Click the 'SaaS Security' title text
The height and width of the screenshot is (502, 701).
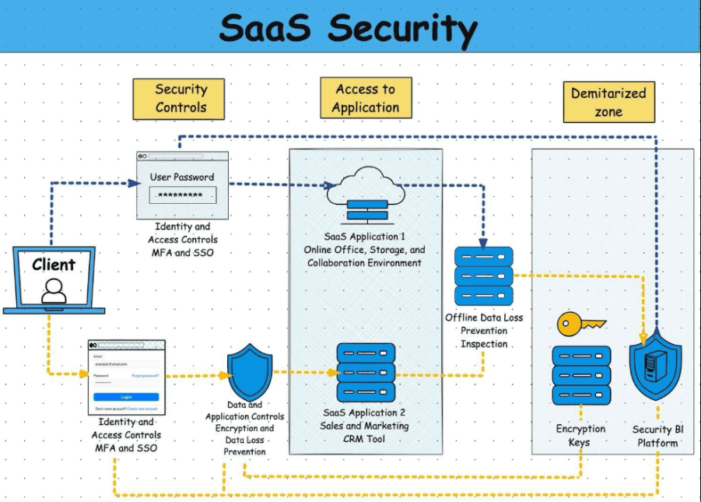348,28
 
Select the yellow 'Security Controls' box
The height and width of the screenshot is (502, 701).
180,99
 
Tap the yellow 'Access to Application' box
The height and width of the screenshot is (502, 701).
366,98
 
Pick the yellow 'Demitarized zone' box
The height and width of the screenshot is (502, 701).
608,102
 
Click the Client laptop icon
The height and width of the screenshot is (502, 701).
54,279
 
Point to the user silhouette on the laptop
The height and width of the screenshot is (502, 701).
54,290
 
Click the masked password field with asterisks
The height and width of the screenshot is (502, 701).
182,195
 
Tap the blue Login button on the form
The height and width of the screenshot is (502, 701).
126,396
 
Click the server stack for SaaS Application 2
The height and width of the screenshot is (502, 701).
366,372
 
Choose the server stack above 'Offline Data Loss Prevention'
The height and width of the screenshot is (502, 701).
483,276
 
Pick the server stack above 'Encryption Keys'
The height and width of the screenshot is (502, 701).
581,375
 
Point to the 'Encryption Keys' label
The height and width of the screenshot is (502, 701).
580,435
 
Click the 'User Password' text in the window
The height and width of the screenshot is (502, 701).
182,177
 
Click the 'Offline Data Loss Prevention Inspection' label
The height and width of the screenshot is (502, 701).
484,330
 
